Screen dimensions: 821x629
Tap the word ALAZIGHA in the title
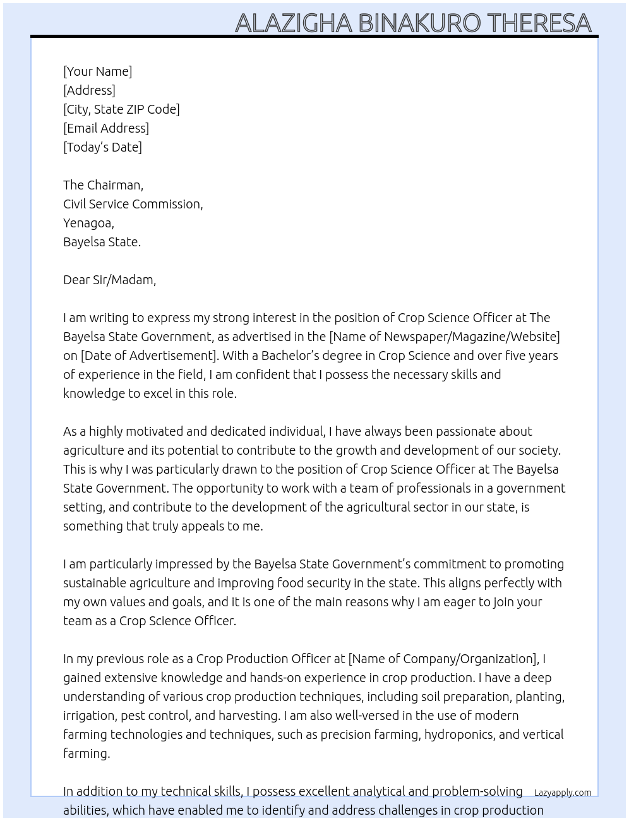pyautogui.click(x=293, y=23)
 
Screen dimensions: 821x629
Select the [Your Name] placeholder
pyautogui.click(x=97, y=71)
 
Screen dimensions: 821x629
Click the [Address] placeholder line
pyautogui.click(x=89, y=90)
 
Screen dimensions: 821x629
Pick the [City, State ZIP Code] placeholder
pyautogui.click(x=121, y=109)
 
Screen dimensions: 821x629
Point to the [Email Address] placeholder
pyautogui.click(x=106, y=128)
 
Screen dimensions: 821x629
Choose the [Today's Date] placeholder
pyautogui.click(x=102, y=147)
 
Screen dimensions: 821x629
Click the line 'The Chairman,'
pyautogui.click(x=103, y=185)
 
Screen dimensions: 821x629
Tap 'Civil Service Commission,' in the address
pyautogui.click(x=133, y=204)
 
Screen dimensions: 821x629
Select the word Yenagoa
pyautogui.click(x=88, y=223)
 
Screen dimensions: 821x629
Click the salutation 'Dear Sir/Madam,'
pyautogui.click(x=109, y=280)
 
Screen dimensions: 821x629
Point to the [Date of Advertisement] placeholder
pyautogui.click(x=148, y=356)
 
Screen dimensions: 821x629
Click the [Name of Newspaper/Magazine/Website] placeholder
pyautogui.click(x=445, y=337)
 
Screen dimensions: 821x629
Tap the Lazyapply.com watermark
pyautogui.click(x=563, y=793)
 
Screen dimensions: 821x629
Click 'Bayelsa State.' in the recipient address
pyautogui.click(x=102, y=242)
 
